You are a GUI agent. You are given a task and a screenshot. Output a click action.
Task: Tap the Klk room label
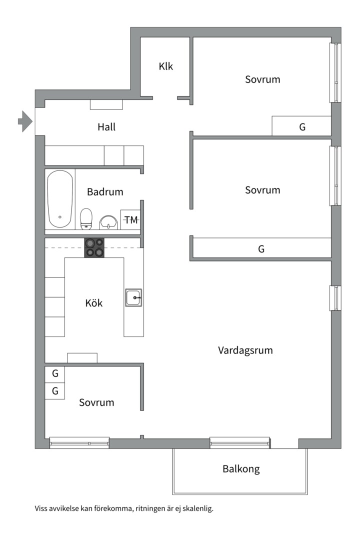166,66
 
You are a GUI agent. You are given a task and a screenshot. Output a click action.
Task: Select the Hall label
106,127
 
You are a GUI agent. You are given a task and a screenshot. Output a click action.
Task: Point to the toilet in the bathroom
87,218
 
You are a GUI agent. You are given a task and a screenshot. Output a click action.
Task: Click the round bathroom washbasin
108,221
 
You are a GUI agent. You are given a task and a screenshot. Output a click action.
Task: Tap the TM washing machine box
131,219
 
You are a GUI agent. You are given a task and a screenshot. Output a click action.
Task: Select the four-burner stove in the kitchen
95,247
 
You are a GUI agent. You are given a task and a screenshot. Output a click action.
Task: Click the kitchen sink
134,298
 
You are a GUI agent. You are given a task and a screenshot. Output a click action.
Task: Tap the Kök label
94,303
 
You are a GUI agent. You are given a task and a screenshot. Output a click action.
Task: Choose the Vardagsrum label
245,350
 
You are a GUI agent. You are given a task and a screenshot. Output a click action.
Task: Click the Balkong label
241,469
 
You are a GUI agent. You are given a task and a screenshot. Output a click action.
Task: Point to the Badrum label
105,191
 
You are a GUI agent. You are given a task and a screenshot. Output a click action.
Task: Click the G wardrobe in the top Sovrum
302,127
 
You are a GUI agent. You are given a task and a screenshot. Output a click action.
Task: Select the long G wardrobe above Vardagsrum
261,248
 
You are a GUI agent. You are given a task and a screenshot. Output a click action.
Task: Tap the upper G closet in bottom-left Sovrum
55,373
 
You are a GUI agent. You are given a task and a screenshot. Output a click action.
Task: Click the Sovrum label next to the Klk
262,79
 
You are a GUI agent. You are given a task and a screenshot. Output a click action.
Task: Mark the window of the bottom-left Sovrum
79,442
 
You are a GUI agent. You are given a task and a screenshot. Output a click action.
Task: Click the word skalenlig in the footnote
197,509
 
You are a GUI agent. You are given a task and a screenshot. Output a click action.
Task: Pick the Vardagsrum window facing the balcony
240,442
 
